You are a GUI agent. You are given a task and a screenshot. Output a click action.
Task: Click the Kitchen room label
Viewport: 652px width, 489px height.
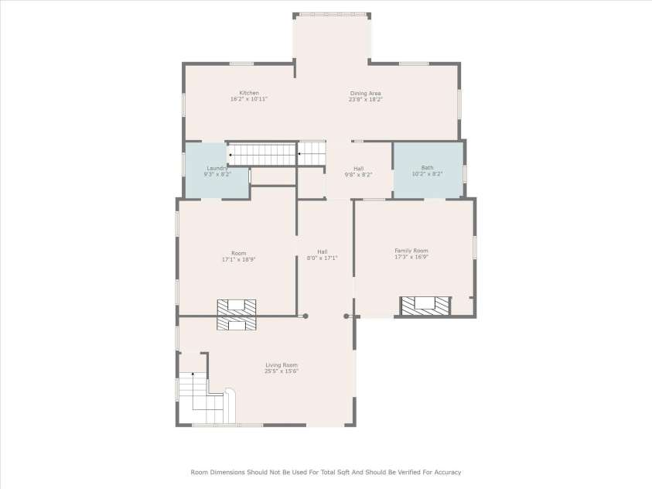pos(248,93)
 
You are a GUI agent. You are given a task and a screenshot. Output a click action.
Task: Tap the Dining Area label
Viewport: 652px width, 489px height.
pos(365,94)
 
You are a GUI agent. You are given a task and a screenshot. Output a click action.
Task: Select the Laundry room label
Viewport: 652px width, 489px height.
pos(216,168)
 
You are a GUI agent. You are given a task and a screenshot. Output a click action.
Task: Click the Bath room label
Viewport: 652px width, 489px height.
pos(427,168)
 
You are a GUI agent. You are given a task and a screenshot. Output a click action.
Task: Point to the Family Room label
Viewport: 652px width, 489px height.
pos(411,251)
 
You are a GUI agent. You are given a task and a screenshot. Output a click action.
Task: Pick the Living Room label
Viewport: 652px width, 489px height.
pos(282,365)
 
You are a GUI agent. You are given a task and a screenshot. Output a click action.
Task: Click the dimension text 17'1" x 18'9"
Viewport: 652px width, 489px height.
pos(238,259)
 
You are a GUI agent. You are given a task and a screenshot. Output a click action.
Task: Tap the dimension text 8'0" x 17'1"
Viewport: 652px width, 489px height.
pos(322,258)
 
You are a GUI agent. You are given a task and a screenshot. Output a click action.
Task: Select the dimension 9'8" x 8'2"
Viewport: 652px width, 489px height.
pos(358,175)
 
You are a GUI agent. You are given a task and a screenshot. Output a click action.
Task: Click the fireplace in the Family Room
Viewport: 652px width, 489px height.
pos(425,305)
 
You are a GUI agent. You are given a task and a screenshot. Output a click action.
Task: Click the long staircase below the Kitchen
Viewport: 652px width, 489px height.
pos(261,154)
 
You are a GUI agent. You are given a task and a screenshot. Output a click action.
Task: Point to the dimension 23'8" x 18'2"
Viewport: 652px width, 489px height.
pos(365,100)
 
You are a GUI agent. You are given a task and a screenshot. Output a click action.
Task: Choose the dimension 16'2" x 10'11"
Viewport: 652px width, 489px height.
pos(248,99)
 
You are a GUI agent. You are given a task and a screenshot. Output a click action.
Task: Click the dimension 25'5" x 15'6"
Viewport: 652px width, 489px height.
pos(282,371)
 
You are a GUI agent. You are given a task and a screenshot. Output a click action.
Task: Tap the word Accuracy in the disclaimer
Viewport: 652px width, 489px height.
pos(445,471)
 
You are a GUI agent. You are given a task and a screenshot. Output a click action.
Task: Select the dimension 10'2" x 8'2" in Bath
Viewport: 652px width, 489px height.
pos(427,174)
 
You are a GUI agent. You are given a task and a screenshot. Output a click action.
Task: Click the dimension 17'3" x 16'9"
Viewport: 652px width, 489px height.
pos(411,257)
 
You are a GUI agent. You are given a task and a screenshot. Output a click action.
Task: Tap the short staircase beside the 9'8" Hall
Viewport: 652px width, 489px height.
pos(312,153)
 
